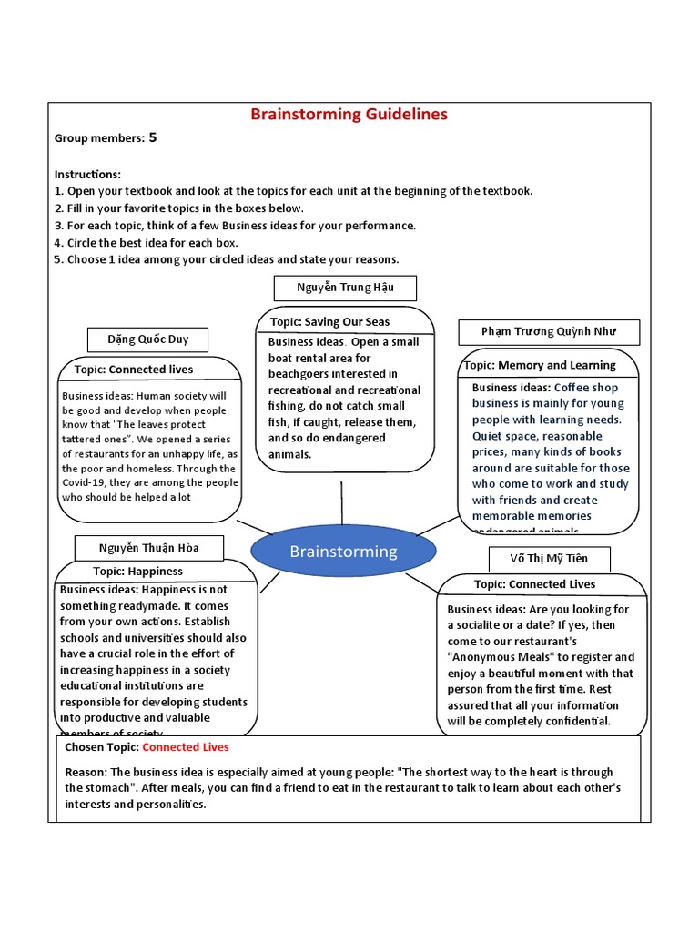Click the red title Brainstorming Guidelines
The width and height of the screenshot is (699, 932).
point(349,115)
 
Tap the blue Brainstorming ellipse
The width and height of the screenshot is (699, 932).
point(343,552)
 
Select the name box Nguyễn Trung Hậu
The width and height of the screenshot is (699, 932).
point(345,288)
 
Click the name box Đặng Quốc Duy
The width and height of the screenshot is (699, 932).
point(147,339)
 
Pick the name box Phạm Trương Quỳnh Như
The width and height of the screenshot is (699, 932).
point(549,331)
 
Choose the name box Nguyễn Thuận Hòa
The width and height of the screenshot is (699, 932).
point(148,548)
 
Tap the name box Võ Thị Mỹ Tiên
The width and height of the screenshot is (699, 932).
point(550,557)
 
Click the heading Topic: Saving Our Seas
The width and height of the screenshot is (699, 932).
point(330,322)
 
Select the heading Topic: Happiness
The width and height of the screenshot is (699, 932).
point(137,572)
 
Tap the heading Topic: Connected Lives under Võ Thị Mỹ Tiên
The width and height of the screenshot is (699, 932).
point(535,584)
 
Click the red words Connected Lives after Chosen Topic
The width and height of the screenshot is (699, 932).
point(186,747)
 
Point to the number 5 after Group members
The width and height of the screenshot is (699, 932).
point(153,138)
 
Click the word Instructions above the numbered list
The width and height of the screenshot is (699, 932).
point(87,174)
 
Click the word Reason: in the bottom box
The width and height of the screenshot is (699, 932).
point(86,772)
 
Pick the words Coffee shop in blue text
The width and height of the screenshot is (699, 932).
point(586,388)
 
